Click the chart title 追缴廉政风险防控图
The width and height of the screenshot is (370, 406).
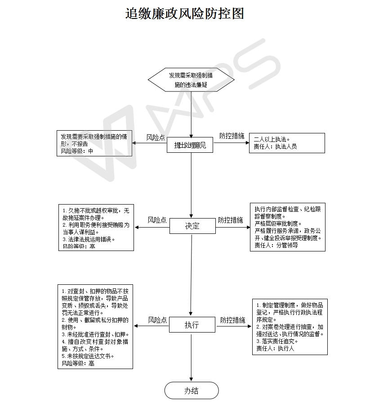(184, 14)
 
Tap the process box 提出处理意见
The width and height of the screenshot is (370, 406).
(191, 145)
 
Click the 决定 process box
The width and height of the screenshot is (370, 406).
(192, 226)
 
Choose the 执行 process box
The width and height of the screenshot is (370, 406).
(192, 325)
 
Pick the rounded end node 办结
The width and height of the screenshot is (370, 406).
(192, 391)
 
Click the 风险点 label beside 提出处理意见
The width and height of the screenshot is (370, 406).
(156, 137)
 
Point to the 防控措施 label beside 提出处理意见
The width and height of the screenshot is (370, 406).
(232, 136)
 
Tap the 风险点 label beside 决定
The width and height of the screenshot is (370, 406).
(157, 220)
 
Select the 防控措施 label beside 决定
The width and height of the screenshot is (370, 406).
(231, 220)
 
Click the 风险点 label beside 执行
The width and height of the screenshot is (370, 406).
(157, 320)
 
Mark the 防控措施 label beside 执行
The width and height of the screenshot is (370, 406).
(232, 320)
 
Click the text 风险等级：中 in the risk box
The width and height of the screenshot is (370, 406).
(77, 151)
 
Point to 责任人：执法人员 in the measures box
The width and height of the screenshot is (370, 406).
(275, 146)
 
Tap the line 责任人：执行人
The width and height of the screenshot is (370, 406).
(275, 348)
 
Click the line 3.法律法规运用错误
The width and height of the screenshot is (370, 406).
(89, 239)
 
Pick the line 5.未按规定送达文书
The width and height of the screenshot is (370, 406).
(88, 356)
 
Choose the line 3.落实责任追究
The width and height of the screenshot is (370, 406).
(277, 341)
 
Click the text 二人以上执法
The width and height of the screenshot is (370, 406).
(272, 139)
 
